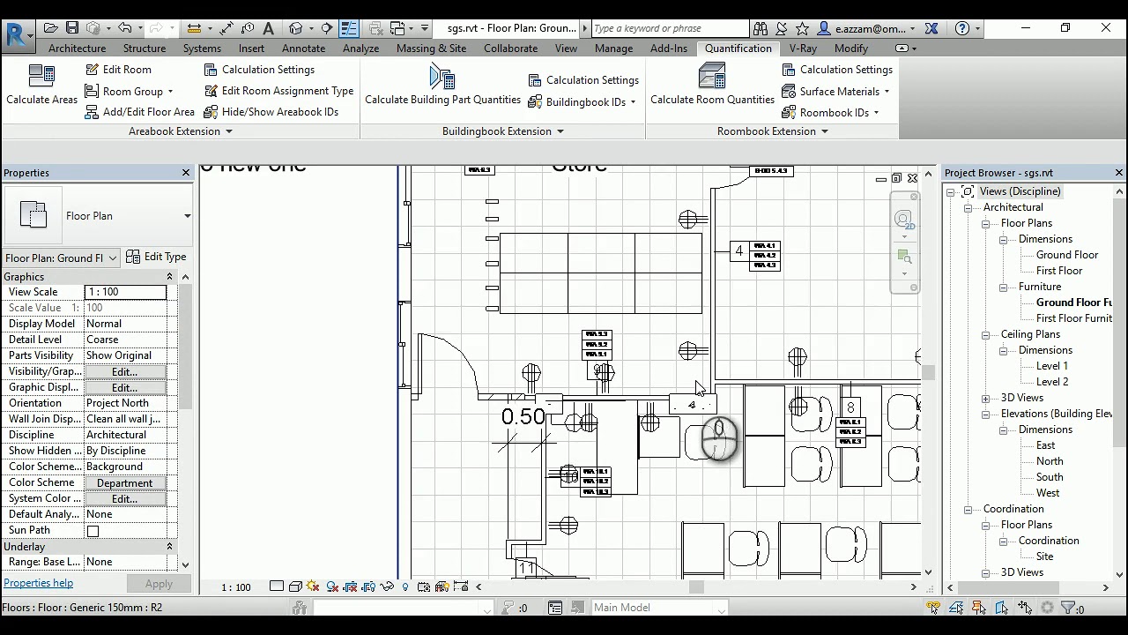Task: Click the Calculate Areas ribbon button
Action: [41, 86]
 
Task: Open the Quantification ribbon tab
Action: [738, 49]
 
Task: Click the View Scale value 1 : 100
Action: [125, 292]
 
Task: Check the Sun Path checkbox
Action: [93, 531]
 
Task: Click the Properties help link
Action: [39, 583]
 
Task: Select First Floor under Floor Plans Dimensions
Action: [1058, 271]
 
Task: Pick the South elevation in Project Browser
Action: [1049, 477]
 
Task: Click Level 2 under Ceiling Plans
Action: [1051, 382]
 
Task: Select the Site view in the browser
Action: [1044, 557]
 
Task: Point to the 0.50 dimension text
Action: [523, 417]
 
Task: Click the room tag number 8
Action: [850, 407]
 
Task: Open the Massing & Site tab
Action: [431, 49]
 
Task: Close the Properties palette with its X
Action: [186, 173]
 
